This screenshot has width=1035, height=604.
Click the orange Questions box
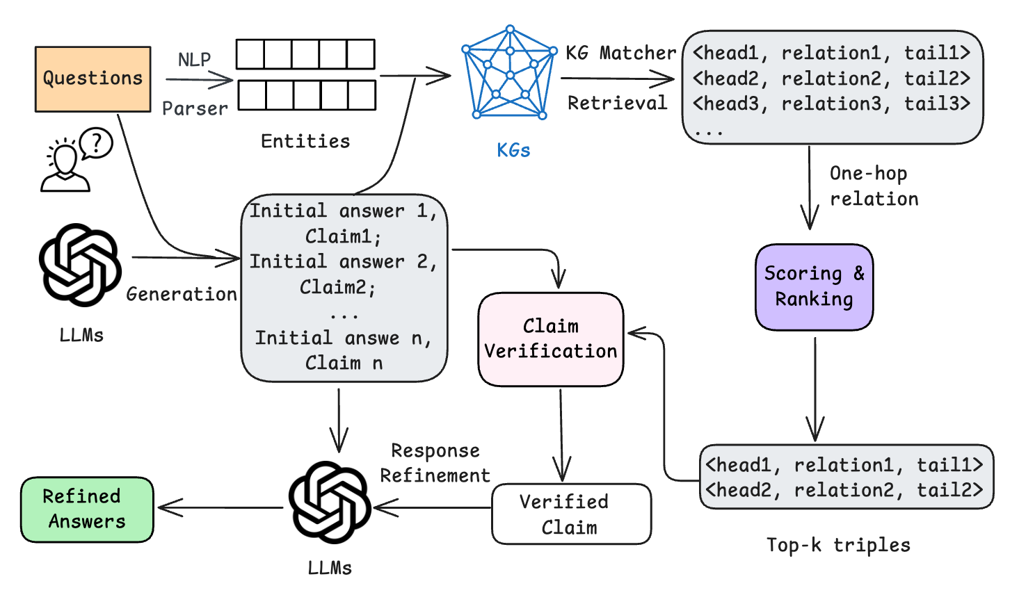tap(93, 79)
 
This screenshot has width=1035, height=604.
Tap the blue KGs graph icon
tap(510, 73)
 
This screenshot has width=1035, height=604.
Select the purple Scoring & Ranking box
tap(814, 286)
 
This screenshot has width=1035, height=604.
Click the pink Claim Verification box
tap(551, 339)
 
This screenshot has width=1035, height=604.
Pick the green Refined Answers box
tap(87, 509)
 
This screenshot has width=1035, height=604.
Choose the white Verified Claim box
tap(571, 514)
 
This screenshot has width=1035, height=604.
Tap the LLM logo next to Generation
tap(80, 265)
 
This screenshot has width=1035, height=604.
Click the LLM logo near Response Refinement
tap(330, 502)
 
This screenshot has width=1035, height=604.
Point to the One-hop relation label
tap(873, 186)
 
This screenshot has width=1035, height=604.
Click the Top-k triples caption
tap(838, 546)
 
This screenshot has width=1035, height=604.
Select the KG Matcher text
tap(620, 54)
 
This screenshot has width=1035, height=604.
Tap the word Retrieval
tap(617, 104)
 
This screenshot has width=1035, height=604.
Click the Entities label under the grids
tap(305, 142)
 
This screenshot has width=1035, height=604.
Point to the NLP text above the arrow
tap(194, 60)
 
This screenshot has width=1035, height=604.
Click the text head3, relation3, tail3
tap(831, 104)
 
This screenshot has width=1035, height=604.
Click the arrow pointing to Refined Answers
tap(219, 508)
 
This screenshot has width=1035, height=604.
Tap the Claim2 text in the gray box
tap(337, 287)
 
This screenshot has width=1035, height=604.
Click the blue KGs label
tap(513, 150)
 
